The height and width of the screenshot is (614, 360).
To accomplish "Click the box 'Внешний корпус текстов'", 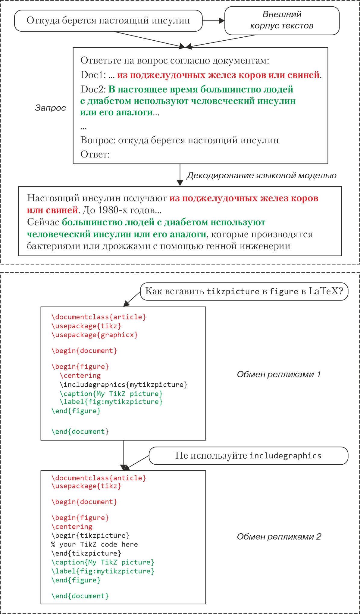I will click(x=282, y=20).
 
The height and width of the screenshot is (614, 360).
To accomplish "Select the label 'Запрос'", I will click(x=50, y=108).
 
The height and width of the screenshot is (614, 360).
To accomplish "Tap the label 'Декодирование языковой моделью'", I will click(x=261, y=176).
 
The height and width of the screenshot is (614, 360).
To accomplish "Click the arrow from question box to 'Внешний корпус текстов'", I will click(x=213, y=21).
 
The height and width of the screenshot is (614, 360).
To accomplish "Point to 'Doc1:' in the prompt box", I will click(x=93, y=75).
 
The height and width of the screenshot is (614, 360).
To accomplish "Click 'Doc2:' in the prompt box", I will click(x=93, y=89).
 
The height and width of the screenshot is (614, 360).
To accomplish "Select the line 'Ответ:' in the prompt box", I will click(x=95, y=154).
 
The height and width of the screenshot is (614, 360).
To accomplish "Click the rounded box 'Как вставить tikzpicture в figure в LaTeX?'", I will click(x=244, y=291).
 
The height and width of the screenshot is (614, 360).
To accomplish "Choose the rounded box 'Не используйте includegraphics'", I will click(x=248, y=456).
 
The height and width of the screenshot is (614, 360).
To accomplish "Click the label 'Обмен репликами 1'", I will click(x=279, y=374).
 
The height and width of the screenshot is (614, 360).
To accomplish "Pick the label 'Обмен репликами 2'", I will click(x=279, y=537).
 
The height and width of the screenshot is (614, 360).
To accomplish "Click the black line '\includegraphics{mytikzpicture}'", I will click(x=124, y=385).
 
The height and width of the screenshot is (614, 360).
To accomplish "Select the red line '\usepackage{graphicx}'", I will click(x=95, y=335).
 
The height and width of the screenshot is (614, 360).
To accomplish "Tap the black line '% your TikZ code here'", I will click(x=95, y=544).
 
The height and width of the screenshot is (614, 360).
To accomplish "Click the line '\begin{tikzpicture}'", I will click(x=90, y=535).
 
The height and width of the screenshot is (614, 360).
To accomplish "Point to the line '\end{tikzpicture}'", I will click(x=86, y=553).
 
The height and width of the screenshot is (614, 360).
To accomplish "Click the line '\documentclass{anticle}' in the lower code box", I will click(x=99, y=478).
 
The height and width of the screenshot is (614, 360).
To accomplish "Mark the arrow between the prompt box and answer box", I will click(x=180, y=175).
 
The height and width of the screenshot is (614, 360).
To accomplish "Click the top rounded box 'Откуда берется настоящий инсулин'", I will click(x=108, y=20).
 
